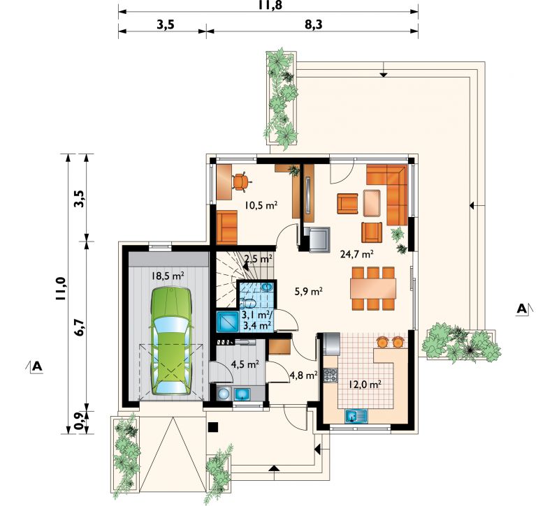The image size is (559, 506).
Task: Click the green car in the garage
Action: pos(171,341)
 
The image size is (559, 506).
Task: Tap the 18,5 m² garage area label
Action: pos(168,276)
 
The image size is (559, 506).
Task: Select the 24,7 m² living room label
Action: pos(357,254)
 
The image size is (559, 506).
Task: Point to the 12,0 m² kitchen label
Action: pos(365,385)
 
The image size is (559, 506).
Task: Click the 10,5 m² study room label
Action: pos(261,205)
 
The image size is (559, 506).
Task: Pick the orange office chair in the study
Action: pos(241,181)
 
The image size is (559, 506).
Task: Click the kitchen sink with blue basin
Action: pos(356,416)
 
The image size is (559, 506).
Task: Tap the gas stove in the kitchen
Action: pos(331,375)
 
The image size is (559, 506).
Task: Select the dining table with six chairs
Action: pos(373,288)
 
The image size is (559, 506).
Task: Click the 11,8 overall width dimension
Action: pos(269,6)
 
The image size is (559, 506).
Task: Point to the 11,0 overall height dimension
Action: pos(61,289)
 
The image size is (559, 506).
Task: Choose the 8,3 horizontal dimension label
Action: pos(312,25)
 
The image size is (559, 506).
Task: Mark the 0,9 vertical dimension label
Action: pos(80,422)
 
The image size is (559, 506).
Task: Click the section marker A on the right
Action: pos(522,309)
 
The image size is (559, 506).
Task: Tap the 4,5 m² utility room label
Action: pos(245,364)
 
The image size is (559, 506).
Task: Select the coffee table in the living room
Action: pos(372,203)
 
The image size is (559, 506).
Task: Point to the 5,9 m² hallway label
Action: pos(309,292)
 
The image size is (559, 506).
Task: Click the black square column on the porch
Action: pos(213,427)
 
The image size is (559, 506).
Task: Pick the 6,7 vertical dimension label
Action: pos(80,327)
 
